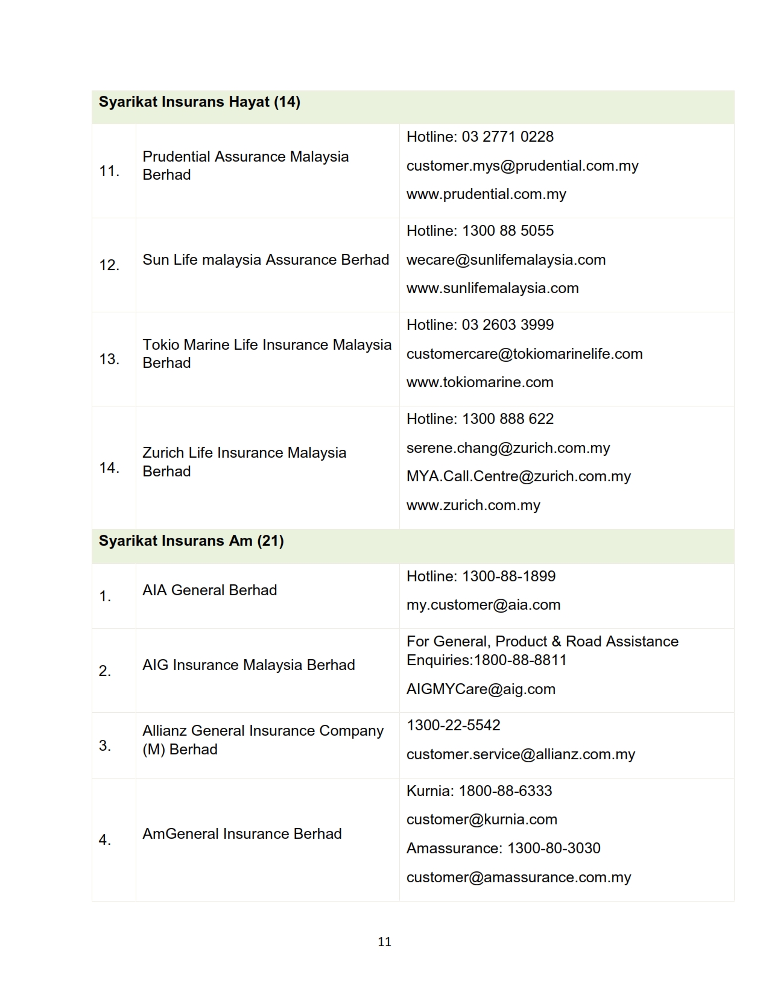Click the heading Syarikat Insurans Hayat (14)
click(199, 102)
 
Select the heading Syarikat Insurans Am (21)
click(191, 541)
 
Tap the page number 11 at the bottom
click(384, 942)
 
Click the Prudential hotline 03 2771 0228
click(507, 137)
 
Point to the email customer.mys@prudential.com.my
click(522, 166)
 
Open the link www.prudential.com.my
click(486, 194)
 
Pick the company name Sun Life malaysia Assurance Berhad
click(265, 260)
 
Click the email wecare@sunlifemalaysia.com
click(506, 260)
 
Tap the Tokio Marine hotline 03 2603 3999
click(507, 325)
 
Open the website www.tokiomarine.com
click(479, 382)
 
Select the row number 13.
click(109, 359)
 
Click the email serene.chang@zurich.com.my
click(508, 448)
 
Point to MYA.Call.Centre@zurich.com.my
click(518, 476)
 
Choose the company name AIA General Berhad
click(209, 590)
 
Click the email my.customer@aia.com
click(483, 605)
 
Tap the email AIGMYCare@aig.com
click(481, 689)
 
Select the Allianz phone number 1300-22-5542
click(454, 725)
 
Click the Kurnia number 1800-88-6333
click(505, 791)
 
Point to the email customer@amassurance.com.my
click(519, 877)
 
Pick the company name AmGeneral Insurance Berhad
click(242, 834)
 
